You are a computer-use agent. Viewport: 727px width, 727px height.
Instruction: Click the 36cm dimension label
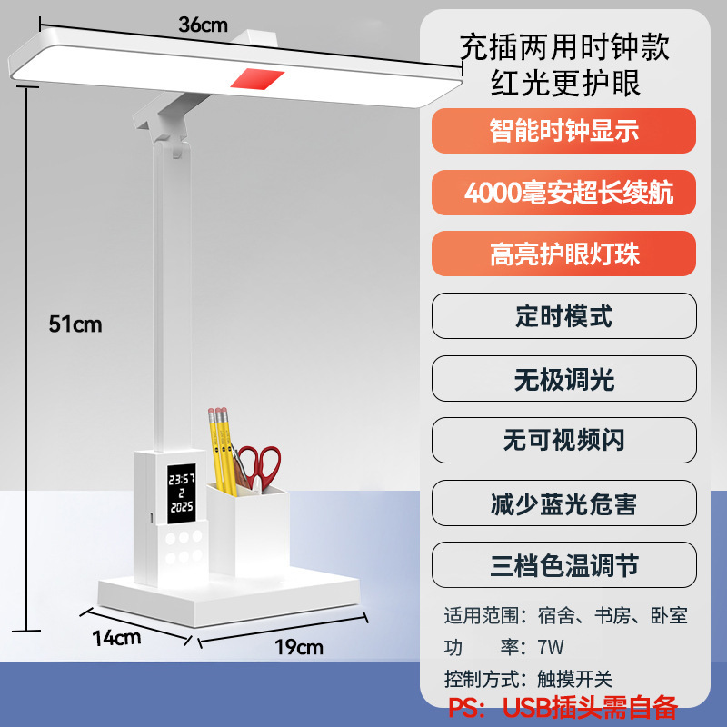(203, 25)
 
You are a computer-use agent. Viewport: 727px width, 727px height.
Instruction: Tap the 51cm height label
(75, 324)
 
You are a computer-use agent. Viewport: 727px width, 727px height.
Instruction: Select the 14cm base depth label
(115, 637)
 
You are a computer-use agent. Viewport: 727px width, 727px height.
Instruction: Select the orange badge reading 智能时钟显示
(563, 131)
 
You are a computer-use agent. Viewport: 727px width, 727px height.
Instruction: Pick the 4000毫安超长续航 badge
(563, 193)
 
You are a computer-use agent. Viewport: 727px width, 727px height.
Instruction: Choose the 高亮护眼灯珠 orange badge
(563, 254)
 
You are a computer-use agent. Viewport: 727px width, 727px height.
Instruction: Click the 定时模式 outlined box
(563, 315)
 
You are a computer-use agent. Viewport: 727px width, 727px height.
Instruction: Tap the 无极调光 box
(563, 378)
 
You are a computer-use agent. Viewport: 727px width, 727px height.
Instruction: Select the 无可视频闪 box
(563, 440)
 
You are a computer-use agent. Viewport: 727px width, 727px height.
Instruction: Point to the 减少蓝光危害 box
(563, 503)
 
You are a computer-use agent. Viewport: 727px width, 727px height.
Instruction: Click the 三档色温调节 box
(563, 565)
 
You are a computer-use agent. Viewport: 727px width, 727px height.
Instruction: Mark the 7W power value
(551, 647)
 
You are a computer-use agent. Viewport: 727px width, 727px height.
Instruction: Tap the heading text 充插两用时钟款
(563, 45)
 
